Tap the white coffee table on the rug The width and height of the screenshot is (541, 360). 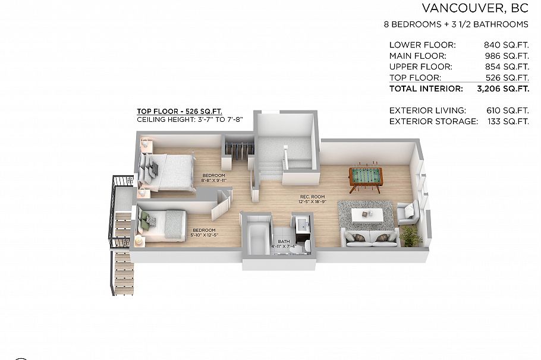[367, 214]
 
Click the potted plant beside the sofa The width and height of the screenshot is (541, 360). [411, 236]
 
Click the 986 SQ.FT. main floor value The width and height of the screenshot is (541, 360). [507, 56]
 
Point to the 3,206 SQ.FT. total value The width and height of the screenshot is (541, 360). [503, 89]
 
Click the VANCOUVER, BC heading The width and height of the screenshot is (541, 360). [475, 8]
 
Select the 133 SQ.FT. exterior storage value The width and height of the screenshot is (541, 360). [507, 121]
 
